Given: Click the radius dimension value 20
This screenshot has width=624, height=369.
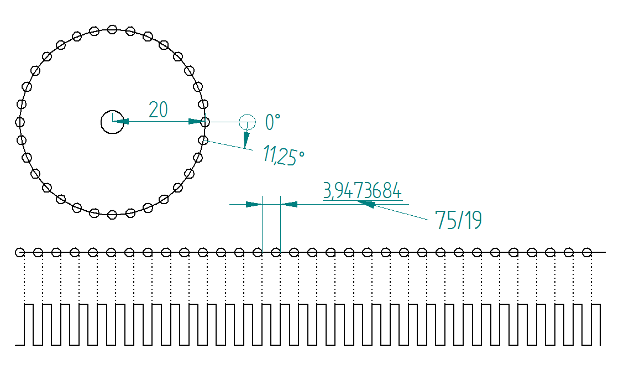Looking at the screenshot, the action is point(158,110).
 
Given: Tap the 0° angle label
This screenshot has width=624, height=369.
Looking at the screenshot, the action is point(273,122).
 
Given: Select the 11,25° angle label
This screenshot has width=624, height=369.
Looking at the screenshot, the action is point(284,155).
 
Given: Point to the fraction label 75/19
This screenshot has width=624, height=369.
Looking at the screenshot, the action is point(458,220).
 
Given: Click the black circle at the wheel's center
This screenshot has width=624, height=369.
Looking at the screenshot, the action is point(113,122).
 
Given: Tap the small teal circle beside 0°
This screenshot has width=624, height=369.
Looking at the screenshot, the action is point(247,122).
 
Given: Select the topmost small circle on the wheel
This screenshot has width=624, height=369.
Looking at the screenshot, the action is point(113,29).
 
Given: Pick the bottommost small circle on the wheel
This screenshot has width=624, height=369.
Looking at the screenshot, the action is point(113,215).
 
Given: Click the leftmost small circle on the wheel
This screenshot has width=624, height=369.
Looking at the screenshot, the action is point(20,122).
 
